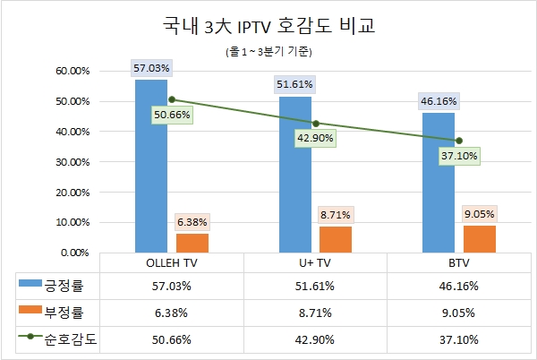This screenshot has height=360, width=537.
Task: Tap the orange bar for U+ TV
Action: [x=335, y=239]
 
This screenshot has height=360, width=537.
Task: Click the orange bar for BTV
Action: [x=479, y=238]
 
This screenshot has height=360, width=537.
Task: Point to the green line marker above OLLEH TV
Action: [x=172, y=99]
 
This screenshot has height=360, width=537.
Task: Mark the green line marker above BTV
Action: [x=459, y=141]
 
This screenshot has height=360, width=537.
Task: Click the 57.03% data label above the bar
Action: [x=150, y=67]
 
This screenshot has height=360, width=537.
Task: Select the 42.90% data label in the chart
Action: [x=315, y=137]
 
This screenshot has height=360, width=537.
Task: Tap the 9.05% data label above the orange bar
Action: [x=479, y=214]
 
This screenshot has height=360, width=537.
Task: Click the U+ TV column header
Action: [x=315, y=264]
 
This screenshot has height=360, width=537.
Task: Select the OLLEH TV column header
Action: [x=172, y=264]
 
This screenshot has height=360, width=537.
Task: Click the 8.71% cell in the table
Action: [x=315, y=313]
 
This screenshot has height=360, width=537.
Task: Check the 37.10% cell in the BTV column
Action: [x=458, y=339]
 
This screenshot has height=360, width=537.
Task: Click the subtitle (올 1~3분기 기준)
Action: [x=268, y=51]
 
